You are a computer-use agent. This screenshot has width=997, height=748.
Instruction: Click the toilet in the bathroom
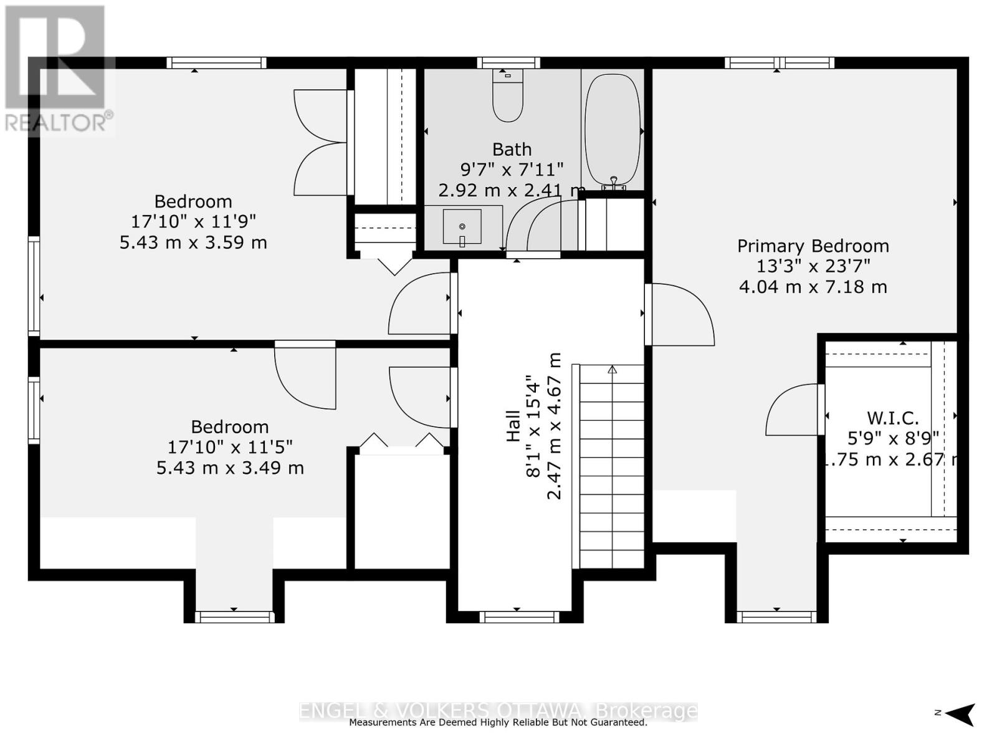point(508,97)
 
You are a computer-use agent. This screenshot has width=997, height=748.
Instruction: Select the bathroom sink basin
point(462,226)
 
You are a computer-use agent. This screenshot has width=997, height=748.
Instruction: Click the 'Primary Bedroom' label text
point(813,246)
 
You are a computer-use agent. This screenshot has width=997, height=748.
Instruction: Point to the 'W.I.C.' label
point(892,418)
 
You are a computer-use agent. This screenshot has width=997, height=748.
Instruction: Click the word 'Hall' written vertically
point(513,426)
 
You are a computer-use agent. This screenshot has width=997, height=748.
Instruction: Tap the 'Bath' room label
point(512,149)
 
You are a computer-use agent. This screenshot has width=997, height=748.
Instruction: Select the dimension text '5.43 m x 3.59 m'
point(193,242)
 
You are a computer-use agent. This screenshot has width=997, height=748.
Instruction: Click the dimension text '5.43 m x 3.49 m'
point(230,467)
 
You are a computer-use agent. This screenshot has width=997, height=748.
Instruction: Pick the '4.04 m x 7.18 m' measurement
point(813,287)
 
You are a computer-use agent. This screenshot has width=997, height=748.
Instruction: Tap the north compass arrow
point(961,714)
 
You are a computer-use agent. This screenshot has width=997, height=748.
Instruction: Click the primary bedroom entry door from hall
point(679,315)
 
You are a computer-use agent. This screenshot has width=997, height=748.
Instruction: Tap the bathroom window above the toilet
point(508,62)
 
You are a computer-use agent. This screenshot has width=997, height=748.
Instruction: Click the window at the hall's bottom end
point(519,617)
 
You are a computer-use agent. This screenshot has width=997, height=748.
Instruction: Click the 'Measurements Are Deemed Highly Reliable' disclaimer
point(498,722)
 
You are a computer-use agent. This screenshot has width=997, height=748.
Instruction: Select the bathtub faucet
point(614,183)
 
